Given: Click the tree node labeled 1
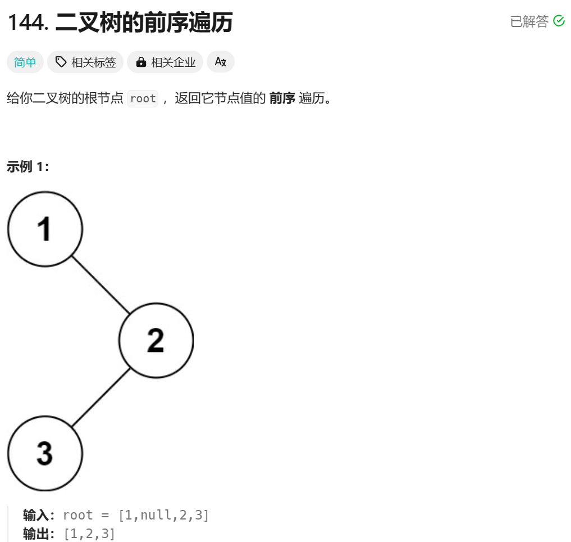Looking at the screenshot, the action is pyautogui.click(x=45, y=229).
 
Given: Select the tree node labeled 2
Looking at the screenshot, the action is pyautogui.click(x=156, y=340).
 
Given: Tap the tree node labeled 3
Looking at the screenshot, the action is pyautogui.click(x=45, y=453).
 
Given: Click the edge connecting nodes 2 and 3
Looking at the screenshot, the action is pyautogui.click(x=101, y=397).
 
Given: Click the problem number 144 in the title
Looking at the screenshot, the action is pyautogui.click(x=28, y=22).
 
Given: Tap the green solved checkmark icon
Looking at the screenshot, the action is pyautogui.click(x=559, y=21).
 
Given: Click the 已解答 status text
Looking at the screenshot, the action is pyautogui.click(x=529, y=21).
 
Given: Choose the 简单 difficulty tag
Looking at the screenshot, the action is pyautogui.click(x=25, y=62).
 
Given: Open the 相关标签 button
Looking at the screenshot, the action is pyautogui.click(x=85, y=62).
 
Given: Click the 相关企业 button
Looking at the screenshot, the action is pyautogui.click(x=166, y=62).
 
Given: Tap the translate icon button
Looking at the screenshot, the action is pyautogui.click(x=221, y=62).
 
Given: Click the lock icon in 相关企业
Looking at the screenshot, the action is pyautogui.click(x=141, y=62).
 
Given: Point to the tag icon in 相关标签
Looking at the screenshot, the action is pyautogui.click(x=61, y=62).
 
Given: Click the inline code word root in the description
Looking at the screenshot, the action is pyautogui.click(x=143, y=99).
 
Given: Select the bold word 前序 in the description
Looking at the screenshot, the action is pyautogui.click(x=282, y=99).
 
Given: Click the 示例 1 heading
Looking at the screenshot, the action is pyautogui.click(x=28, y=167).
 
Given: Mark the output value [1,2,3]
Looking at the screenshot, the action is pyautogui.click(x=89, y=533).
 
